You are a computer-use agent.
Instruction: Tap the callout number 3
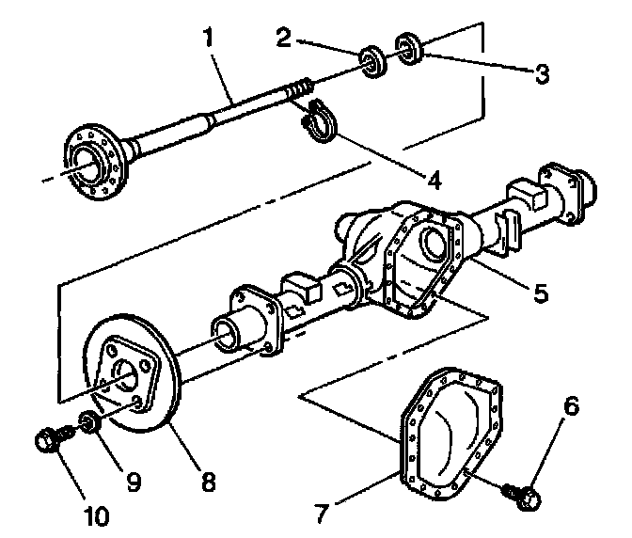coord(541,73)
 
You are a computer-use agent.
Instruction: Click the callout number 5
coord(539,293)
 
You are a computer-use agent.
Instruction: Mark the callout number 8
coord(206,483)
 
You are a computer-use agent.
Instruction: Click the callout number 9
coord(133,481)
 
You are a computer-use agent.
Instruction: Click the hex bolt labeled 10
coord(50,438)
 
